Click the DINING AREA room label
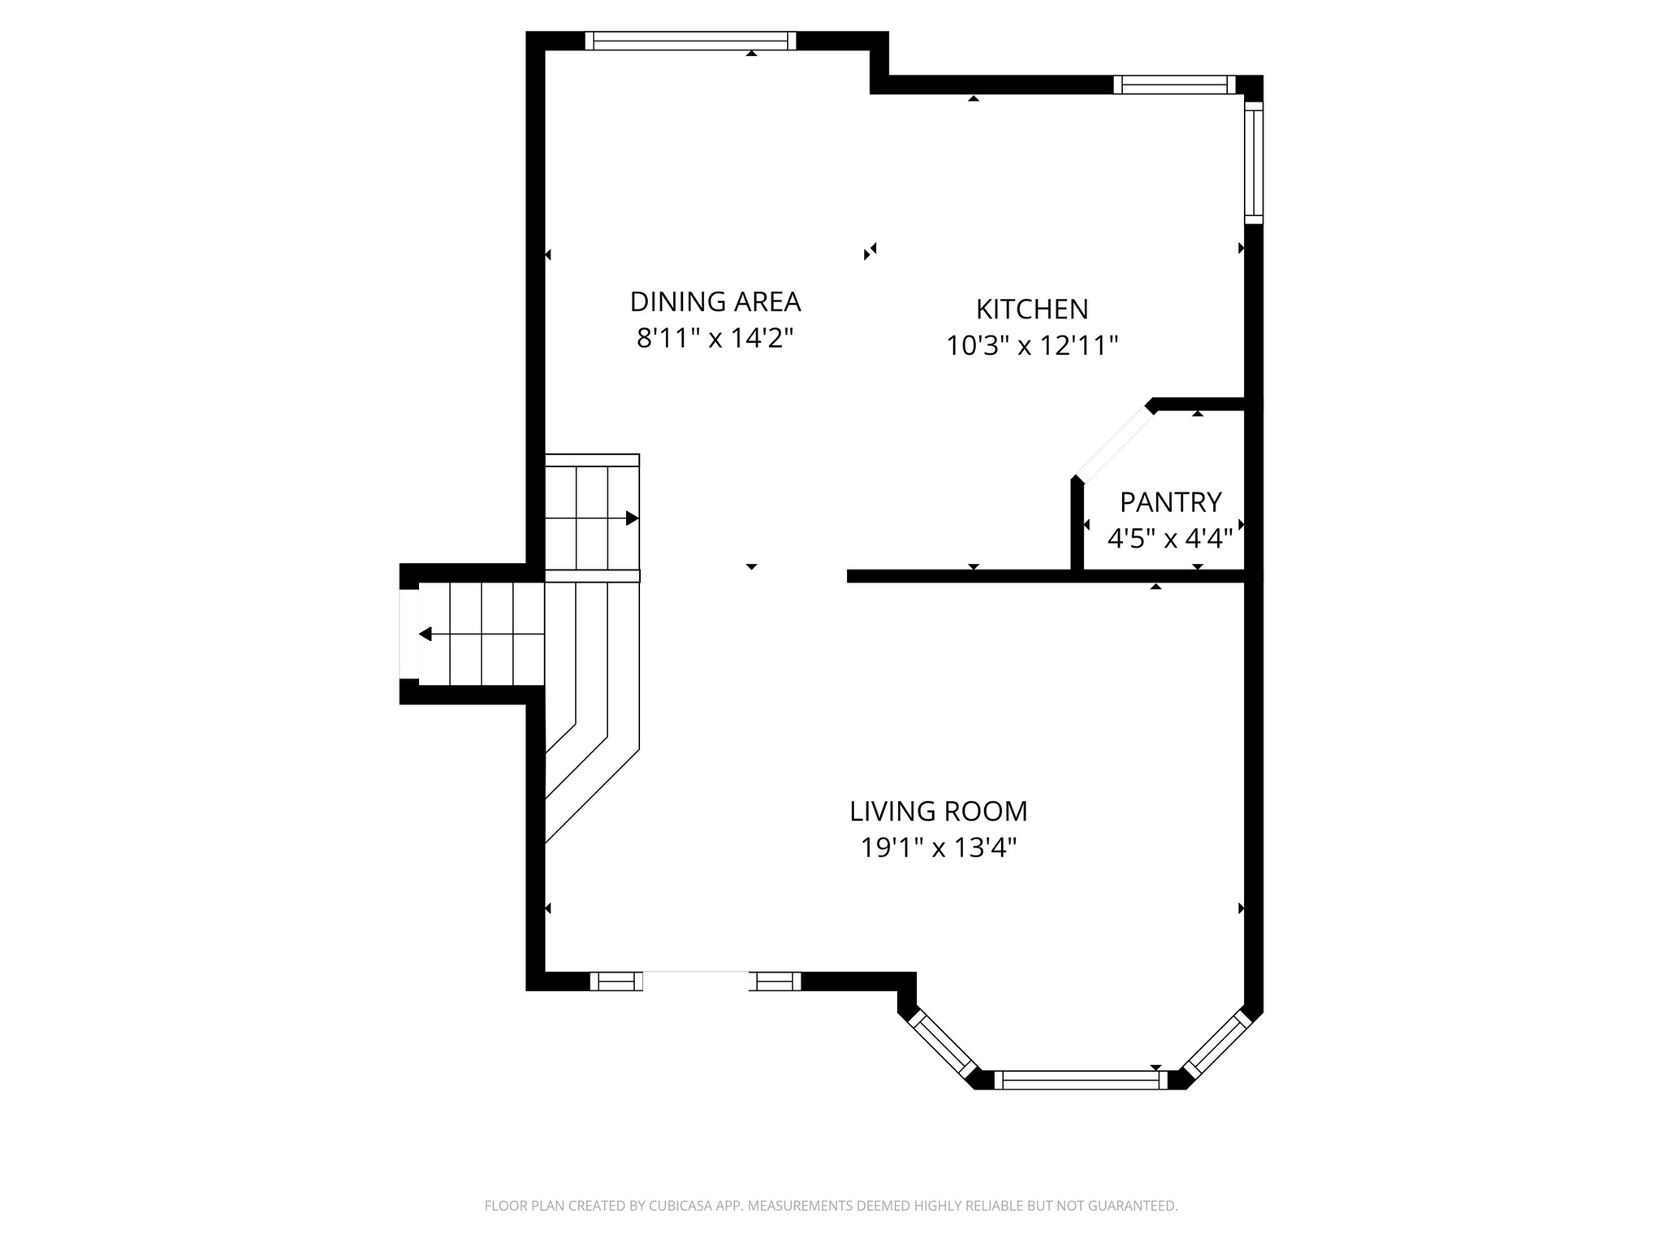pyautogui.click(x=715, y=301)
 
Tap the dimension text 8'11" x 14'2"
pyautogui.click(x=715, y=338)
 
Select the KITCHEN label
pyautogui.click(x=1031, y=310)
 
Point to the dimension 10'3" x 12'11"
pyautogui.click(x=1031, y=346)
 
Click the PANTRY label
pyautogui.click(x=1170, y=503)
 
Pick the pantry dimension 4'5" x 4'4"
pyautogui.click(x=1170, y=538)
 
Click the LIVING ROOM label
pyautogui.click(x=938, y=811)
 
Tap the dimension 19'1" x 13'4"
pyautogui.click(x=938, y=848)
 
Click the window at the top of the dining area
pyautogui.click(x=690, y=41)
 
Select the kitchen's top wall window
pyautogui.click(x=1173, y=84)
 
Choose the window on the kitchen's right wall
pyautogui.click(x=1254, y=162)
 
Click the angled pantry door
pyautogui.click(x=1114, y=444)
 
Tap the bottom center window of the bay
pyautogui.click(x=1080, y=1079)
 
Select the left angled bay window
pyautogui.click(x=943, y=1043)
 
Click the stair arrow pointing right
pyautogui.click(x=631, y=518)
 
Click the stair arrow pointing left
pyautogui.click(x=425, y=634)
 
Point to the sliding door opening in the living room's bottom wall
pyautogui.click(x=696, y=981)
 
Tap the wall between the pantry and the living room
pyautogui.click(x=1161, y=576)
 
